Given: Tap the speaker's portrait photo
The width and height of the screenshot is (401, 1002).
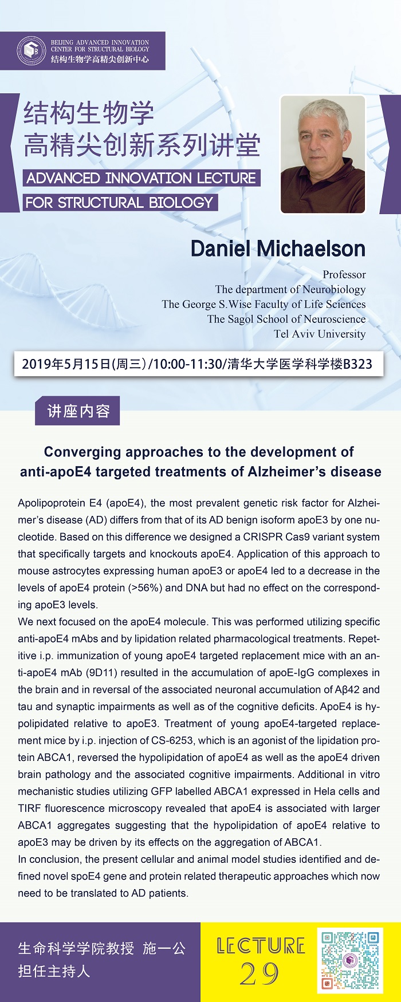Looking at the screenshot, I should pos(323,154).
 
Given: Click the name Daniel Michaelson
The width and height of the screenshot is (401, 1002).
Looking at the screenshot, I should pos(278,248).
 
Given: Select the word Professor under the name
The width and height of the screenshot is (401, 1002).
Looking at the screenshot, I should pos(344,275).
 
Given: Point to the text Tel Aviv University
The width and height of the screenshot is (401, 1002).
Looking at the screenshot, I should pos(319,334).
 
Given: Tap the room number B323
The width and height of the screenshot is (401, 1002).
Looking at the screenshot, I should pos(357,364).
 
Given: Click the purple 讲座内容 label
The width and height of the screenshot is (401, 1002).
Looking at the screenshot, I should pos(77,411).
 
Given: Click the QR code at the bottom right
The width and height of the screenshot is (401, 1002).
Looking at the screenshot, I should pos(349,960).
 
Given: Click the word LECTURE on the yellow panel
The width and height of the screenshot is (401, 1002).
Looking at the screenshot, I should pos(261,945).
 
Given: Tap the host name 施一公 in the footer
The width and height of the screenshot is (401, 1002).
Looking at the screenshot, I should pos(164,949).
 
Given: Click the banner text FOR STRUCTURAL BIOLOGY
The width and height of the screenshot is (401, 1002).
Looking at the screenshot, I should pos(119,203).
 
